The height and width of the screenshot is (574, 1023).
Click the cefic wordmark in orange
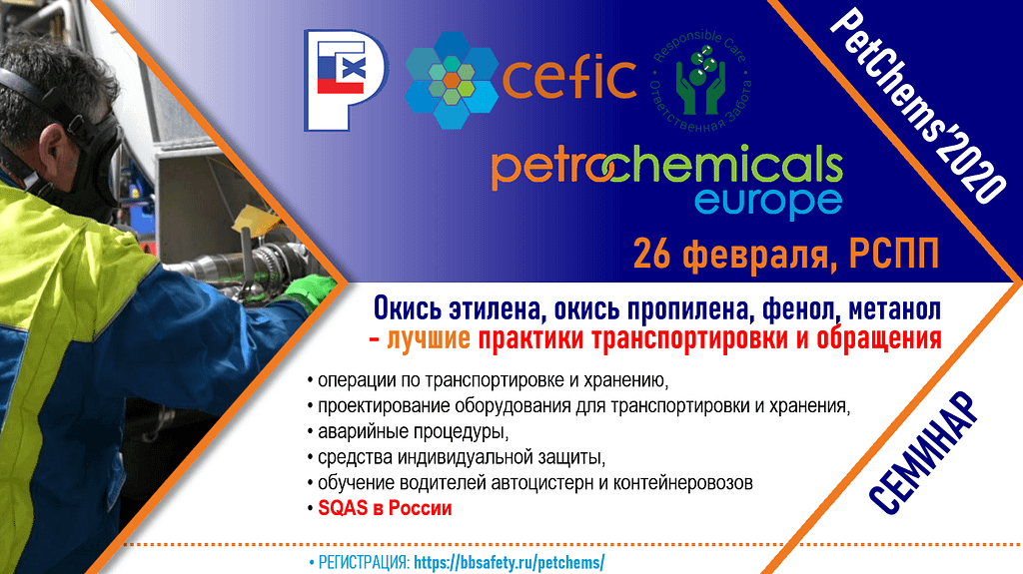[568, 78]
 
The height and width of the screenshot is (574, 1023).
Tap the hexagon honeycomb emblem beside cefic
[452, 80]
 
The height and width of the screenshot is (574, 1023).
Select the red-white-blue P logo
[346, 80]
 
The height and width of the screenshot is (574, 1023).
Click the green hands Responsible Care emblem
[700, 80]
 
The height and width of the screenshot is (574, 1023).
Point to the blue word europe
[768, 201]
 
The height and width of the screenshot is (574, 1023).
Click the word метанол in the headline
[894, 309]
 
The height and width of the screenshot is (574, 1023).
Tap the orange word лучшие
[429, 339]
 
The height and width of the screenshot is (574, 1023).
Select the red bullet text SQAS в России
[385, 508]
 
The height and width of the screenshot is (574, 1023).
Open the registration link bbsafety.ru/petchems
[510, 562]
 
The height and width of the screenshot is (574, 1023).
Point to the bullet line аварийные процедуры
[413, 431]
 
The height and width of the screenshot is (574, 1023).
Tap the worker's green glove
[310, 290]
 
